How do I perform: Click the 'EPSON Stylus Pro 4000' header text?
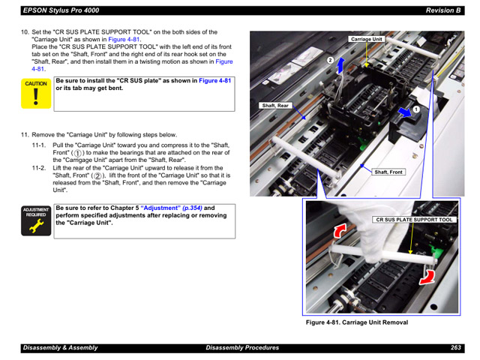(61, 10)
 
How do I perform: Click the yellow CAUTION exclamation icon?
(36, 94)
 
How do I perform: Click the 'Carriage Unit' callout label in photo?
(367, 39)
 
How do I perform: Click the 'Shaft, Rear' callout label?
(275, 106)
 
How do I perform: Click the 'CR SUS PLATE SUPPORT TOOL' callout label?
(415, 220)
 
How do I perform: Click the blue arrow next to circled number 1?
(405, 112)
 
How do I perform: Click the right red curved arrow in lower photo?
(427, 277)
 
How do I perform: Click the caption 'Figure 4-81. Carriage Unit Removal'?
(356, 322)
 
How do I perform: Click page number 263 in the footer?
(455, 348)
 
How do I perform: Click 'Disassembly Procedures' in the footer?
(242, 348)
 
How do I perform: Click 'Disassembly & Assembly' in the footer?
(59, 348)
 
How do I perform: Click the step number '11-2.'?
(39, 168)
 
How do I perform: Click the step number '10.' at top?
(25, 32)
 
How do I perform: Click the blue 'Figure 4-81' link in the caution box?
(215, 80)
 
